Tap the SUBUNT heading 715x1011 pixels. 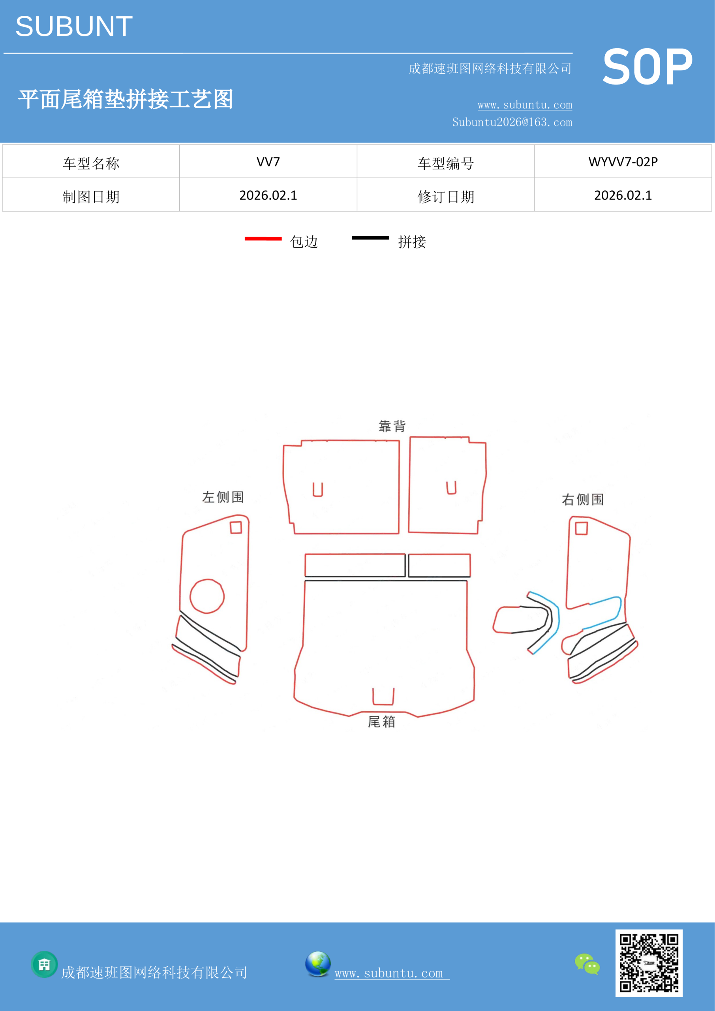[74, 26]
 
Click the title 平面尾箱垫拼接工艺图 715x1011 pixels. [126, 99]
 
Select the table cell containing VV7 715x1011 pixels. [268, 162]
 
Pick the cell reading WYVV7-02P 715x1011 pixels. [623, 162]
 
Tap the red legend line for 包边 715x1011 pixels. [263, 239]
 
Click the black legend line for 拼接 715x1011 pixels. [370, 238]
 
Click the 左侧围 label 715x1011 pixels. [223, 497]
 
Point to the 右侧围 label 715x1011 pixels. [582, 499]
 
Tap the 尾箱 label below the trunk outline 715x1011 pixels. [381, 722]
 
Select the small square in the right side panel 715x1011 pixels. [582, 528]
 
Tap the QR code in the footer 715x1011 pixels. [649, 963]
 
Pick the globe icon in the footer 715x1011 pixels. [318, 964]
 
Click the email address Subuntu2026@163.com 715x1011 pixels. [512, 122]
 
